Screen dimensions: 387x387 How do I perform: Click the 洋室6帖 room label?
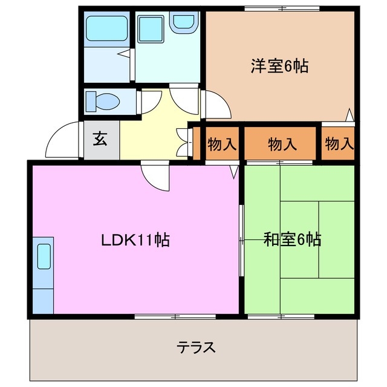coord(279,66)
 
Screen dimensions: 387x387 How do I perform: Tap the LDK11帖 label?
coord(134,239)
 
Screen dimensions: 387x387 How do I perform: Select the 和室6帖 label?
coord(292,239)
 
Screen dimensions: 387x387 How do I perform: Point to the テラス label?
coord(197,348)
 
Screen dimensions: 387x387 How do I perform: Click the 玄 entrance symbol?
coord(100,139)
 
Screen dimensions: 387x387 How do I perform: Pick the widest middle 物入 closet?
coord(282,144)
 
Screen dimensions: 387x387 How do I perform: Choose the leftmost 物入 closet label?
coord(222,144)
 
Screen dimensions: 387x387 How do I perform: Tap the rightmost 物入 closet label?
coord(338,144)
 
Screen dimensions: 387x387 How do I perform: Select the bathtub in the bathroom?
coord(106,28)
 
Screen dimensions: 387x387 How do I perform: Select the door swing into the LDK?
coord(156,176)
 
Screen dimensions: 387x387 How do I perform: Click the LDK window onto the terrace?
coord(175,316)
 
